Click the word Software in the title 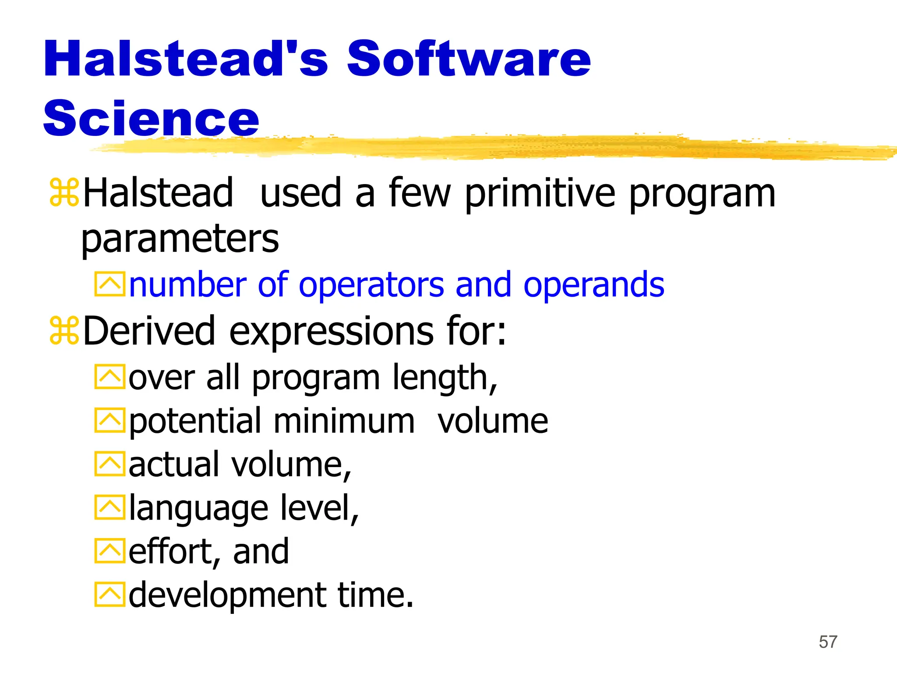[469, 59]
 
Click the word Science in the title [151, 118]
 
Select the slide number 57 [828, 642]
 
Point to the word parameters [180, 240]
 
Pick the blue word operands [593, 285]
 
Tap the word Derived [149, 331]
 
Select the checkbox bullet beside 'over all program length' [109, 377]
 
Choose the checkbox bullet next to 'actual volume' [109, 464]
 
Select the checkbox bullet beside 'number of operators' [109, 285]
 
